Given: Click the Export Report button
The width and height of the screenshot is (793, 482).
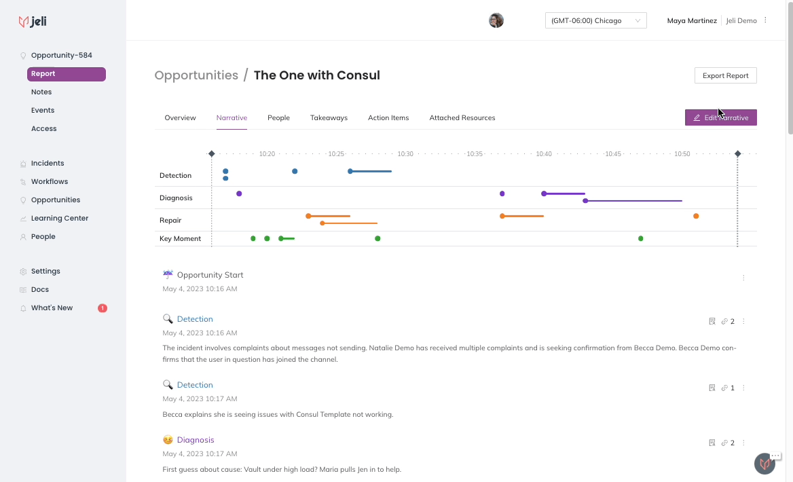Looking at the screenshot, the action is [725, 75].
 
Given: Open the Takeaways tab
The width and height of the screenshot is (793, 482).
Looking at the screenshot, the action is [329, 118].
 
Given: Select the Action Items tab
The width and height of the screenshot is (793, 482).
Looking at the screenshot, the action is [388, 118].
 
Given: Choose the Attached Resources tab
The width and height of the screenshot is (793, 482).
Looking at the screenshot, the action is [462, 118].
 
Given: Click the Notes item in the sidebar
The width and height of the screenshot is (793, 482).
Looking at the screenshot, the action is [41, 92].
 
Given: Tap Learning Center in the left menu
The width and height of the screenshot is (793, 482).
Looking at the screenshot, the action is [60, 218].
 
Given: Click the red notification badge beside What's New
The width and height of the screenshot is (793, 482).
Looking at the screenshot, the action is [102, 308].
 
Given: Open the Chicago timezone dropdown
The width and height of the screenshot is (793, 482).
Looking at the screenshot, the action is [595, 21].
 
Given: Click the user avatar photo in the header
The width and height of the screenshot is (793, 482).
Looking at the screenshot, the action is [496, 20].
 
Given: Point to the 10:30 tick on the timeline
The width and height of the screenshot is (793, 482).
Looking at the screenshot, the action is [405, 153].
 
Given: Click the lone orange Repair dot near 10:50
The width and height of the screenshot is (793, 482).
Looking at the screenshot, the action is [696, 216].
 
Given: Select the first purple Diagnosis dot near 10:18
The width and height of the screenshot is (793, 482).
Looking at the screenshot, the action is [239, 193].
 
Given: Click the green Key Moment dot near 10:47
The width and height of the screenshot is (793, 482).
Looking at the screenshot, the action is [641, 239].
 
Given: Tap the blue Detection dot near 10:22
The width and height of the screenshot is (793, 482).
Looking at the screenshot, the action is [295, 172].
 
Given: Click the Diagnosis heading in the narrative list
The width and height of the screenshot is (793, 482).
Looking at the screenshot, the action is [196, 440].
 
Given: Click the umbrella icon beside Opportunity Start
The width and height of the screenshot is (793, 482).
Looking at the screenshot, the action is [168, 274].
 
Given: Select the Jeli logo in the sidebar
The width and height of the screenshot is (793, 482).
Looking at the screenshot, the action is [33, 21].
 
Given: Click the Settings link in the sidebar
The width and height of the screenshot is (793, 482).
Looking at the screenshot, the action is [45, 271].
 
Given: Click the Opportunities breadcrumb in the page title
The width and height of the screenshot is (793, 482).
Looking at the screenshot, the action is [196, 75].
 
